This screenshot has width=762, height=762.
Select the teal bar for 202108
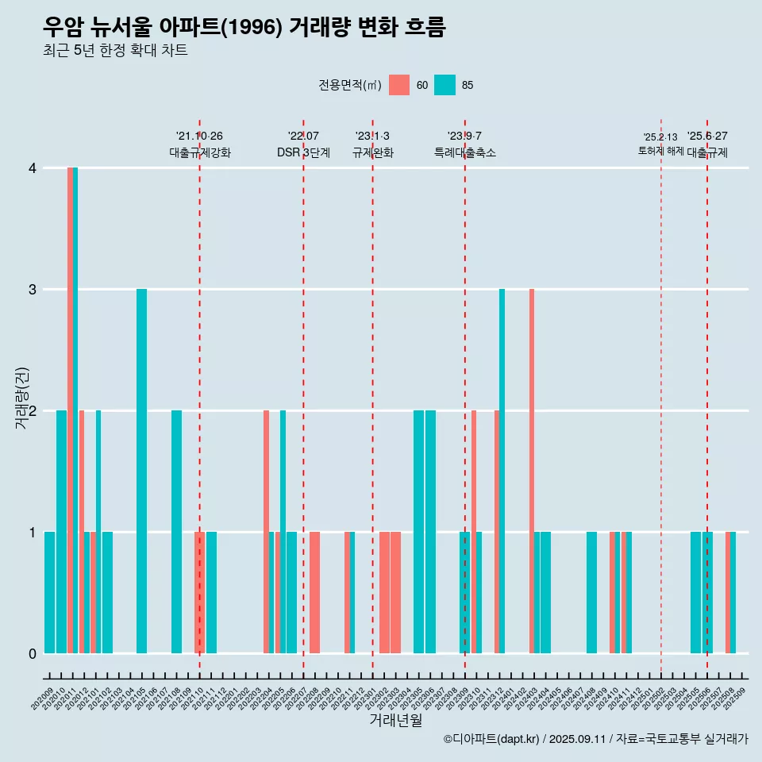click(x=176, y=531)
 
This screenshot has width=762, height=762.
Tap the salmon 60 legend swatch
click(x=399, y=85)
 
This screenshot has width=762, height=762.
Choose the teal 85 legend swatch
click(x=445, y=85)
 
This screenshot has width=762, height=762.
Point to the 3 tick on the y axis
click(x=33, y=290)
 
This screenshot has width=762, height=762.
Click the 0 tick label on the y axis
click(x=33, y=653)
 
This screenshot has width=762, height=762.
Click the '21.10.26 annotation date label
click(x=199, y=136)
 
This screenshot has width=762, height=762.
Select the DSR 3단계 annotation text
click(x=303, y=152)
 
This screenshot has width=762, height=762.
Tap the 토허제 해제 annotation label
click(x=660, y=150)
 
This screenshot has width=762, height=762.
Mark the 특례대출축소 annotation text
click(x=464, y=152)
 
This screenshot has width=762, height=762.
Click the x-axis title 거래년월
click(x=395, y=720)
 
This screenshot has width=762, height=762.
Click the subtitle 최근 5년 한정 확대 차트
click(x=116, y=51)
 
